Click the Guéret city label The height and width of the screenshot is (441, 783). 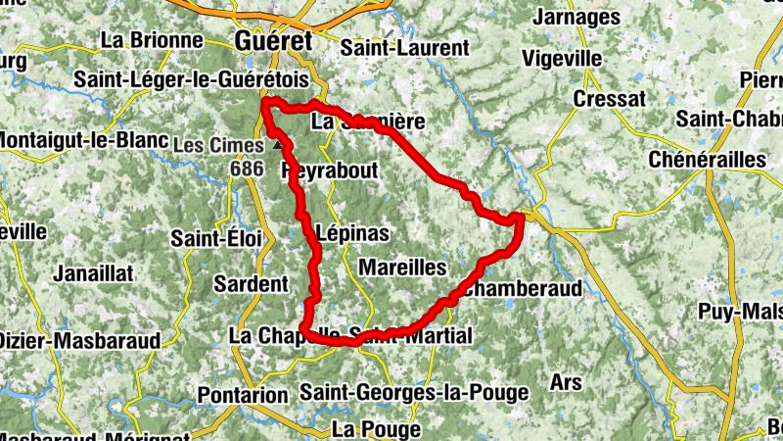273,41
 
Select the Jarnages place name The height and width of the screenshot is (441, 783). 578,17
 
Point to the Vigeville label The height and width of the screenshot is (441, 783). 563,58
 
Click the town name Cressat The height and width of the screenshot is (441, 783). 609,99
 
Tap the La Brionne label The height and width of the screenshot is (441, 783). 153,41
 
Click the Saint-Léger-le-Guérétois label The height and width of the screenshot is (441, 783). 191,79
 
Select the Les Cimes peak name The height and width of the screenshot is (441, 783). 218,145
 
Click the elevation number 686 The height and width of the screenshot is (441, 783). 247,168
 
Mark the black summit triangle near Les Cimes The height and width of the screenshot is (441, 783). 278,145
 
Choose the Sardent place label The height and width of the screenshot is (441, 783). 252,284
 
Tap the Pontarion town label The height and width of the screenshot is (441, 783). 243,395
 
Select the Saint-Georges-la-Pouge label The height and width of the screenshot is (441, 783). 414,393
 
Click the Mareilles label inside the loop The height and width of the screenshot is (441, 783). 402,267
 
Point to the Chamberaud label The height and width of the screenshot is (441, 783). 524,289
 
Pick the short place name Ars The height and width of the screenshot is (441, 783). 567,381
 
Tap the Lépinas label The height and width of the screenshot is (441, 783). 354,233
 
